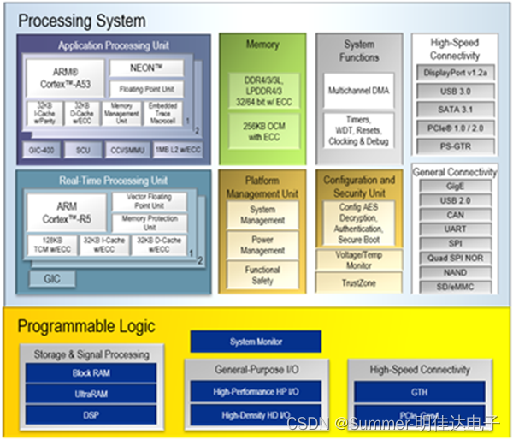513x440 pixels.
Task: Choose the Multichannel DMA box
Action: (359, 90)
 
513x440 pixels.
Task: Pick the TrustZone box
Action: (358, 282)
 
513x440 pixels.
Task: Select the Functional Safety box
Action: (262, 275)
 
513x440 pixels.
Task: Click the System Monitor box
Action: (256, 342)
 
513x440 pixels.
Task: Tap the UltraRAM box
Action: (91, 394)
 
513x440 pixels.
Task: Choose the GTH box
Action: (420, 392)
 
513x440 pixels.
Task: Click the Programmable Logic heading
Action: (86, 325)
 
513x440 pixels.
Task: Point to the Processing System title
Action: (82, 21)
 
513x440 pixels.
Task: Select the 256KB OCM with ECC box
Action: (262, 128)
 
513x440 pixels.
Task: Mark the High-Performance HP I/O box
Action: (256, 392)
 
